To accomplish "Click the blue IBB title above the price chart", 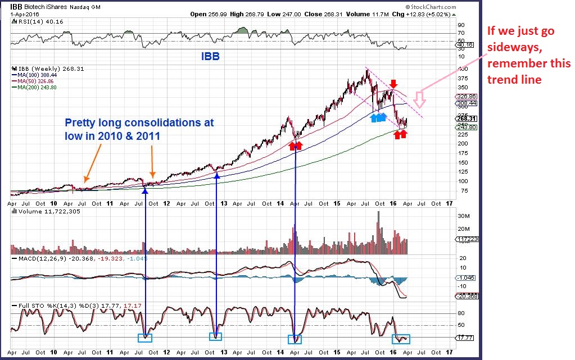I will [x=211, y=57].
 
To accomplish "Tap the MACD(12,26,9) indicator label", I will [x=39, y=258].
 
